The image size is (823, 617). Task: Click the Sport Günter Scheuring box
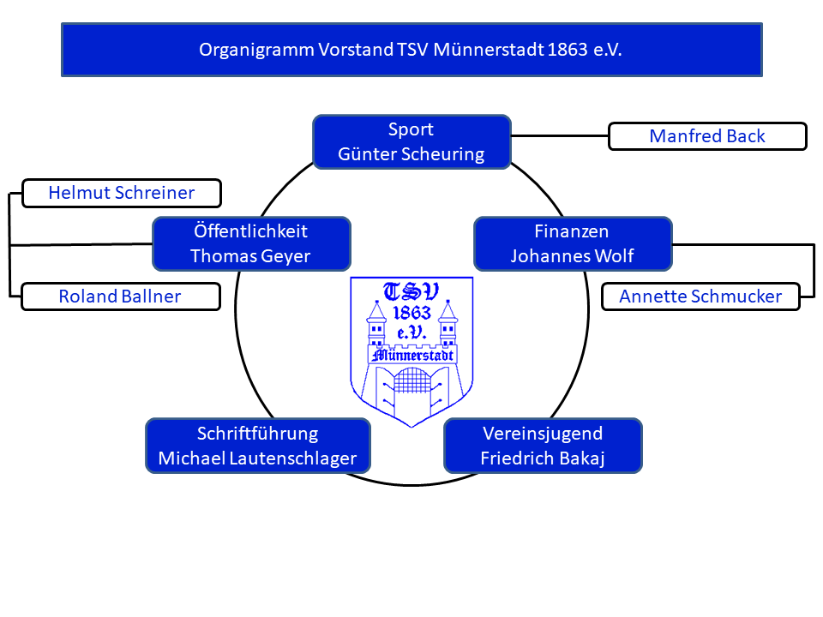(x=411, y=142)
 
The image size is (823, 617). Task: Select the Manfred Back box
(x=707, y=136)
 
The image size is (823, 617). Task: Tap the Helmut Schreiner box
(x=121, y=193)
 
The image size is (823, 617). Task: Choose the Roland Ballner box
(x=119, y=297)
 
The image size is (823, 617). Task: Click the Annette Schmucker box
(x=700, y=297)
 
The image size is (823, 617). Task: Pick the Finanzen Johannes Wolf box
(x=572, y=243)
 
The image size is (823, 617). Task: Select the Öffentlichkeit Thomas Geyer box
(x=250, y=243)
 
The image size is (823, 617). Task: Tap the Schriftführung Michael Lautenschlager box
(x=257, y=446)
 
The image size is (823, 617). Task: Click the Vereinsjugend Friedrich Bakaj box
(x=543, y=446)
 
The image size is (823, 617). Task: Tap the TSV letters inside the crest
(x=411, y=292)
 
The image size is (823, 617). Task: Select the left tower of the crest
(x=376, y=326)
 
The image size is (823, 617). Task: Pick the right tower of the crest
(x=448, y=326)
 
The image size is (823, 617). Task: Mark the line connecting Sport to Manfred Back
(x=559, y=135)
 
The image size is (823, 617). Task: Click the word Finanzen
(x=572, y=231)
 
